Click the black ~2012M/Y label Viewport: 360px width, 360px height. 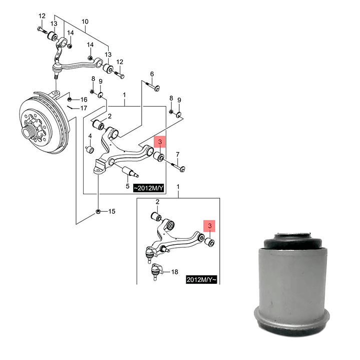tap(149, 188)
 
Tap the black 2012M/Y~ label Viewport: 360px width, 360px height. tap(202, 280)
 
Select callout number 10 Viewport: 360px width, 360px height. tap(85, 22)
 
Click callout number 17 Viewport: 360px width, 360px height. tap(84, 108)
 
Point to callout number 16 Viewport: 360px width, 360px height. tap(84, 100)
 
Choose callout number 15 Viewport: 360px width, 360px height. tap(112, 211)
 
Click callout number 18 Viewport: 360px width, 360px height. tap(175, 272)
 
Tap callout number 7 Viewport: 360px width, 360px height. tap(178, 155)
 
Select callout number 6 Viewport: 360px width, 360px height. tap(152, 74)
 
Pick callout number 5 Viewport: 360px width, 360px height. tap(128, 186)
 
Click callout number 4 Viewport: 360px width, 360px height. tap(90, 136)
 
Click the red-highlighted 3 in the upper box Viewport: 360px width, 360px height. tap(160, 142)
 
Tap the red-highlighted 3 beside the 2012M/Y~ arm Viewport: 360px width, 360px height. tap(210, 226)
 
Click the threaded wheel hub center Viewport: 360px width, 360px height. tap(27, 133)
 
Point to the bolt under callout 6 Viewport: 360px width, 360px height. tap(152, 86)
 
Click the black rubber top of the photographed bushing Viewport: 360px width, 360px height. tap(292, 242)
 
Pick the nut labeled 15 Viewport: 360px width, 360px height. tap(98, 211)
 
